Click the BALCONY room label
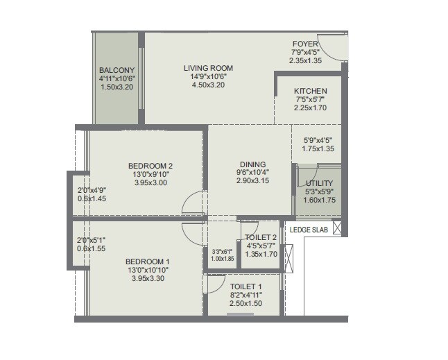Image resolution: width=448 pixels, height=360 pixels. [x=117, y=70]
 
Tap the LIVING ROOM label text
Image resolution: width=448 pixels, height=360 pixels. [x=208, y=68]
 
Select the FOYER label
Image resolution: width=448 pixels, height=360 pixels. [x=305, y=43]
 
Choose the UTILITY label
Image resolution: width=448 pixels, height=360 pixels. [x=320, y=183]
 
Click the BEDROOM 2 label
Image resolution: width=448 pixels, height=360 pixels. [x=150, y=165]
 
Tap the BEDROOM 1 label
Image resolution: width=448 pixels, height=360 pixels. [x=147, y=261]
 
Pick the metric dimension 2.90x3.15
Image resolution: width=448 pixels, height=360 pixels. [x=251, y=180]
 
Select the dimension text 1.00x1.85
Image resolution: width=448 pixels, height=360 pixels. [x=223, y=259]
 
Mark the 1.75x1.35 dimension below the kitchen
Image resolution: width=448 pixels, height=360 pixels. [x=320, y=148]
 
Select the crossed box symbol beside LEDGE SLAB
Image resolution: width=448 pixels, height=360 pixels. [x=337, y=228]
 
